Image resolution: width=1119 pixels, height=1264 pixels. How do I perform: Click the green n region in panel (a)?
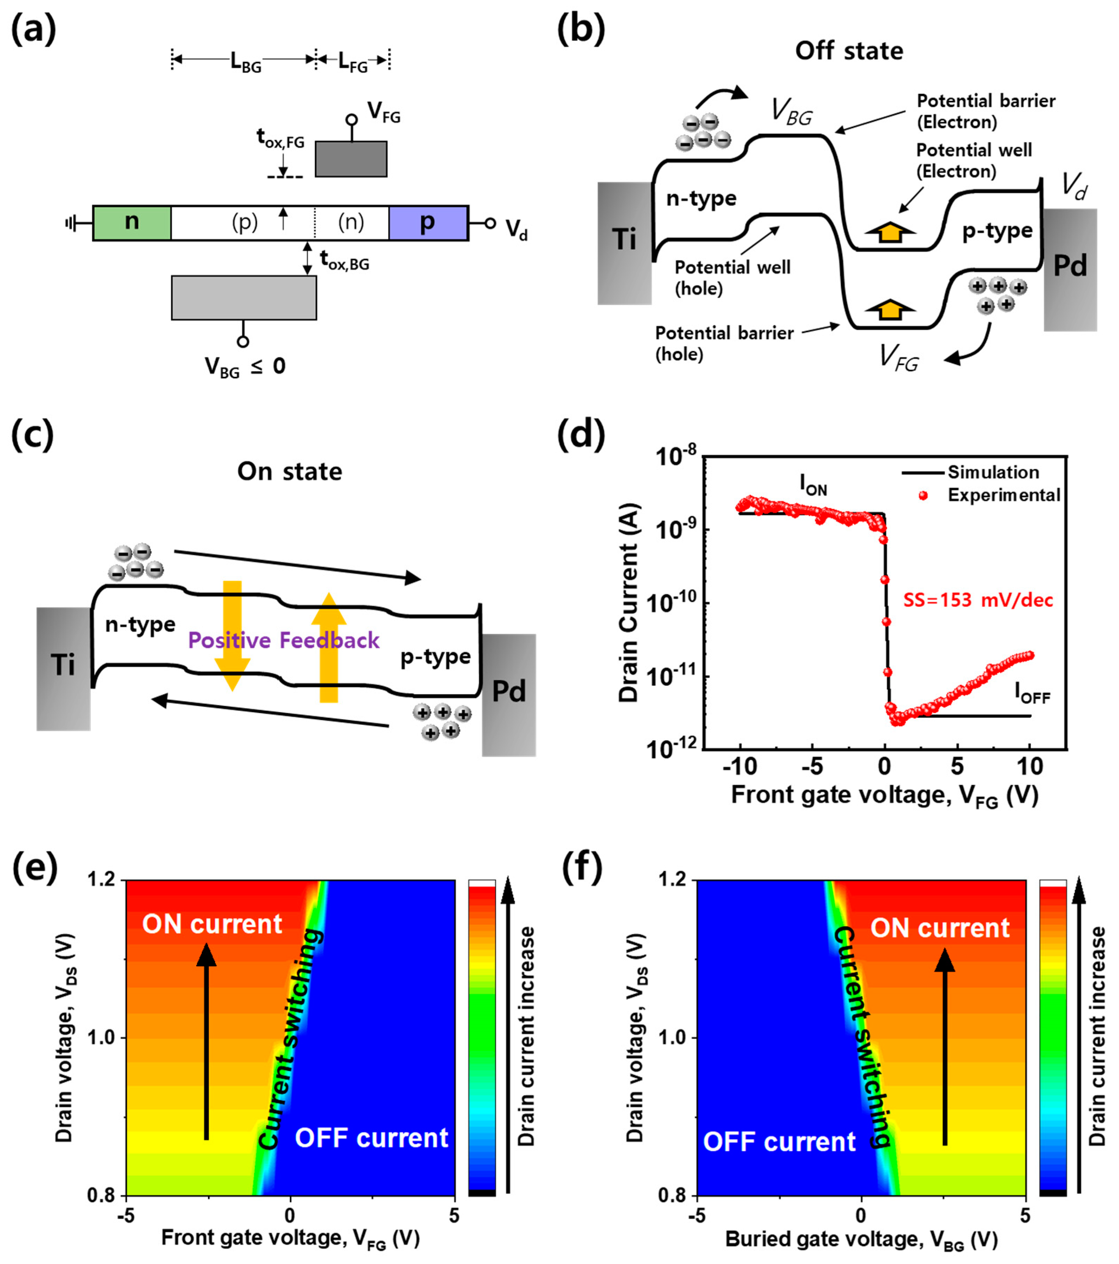tap(132, 223)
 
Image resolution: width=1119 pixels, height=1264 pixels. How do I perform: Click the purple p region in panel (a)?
tap(427, 223)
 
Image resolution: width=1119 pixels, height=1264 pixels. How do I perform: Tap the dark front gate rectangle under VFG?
tap(351, 159)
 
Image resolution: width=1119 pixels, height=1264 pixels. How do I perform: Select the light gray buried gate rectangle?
tap(244, 297)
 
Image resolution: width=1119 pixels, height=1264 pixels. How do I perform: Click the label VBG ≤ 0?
tap(245, 367)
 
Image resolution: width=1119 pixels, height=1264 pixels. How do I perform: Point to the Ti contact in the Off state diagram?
tap(624, 243)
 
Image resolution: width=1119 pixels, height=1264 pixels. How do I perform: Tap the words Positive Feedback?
tap(283, 640)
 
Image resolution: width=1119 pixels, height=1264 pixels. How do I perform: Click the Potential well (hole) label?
tap(732, 278)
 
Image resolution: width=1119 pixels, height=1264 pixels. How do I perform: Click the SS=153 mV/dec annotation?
tap(977, 600)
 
